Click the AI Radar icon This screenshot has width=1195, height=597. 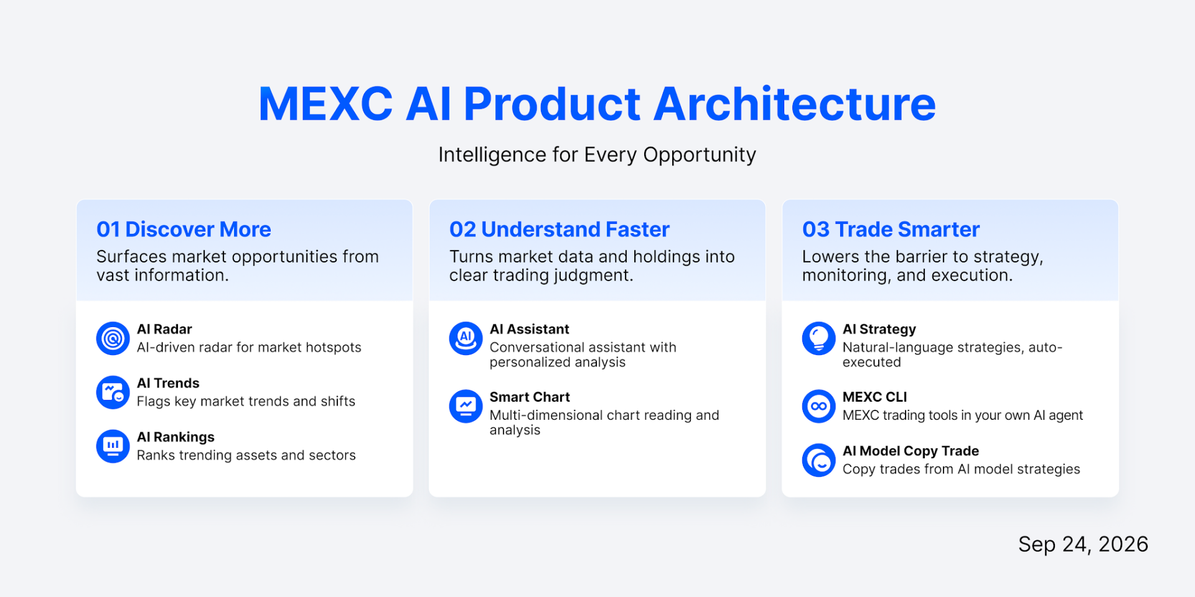tap(113, 338)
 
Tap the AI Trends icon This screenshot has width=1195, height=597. tap(113, 392)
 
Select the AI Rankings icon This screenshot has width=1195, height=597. tap(113, 447)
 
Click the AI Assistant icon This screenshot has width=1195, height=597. tap(466, 338)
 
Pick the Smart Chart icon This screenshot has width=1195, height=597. tap(466, 406)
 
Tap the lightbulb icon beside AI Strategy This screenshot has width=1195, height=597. tap(818, 338)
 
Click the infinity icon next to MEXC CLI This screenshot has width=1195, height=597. tap(818, 406)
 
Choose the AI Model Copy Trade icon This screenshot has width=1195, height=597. tap(818, 460)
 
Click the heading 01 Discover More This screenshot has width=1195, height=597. tap(184, 229)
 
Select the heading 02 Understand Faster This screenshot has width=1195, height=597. tap(559, 229)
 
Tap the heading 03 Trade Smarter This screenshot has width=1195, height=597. tap(891, 229)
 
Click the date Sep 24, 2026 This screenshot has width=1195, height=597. tap(1083, 545)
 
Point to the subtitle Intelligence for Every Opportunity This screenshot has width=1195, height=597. tap(597, 155)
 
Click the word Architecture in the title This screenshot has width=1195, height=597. tap(795, 104)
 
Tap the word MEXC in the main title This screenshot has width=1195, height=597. tap(326, 104)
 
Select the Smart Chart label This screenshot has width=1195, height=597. tap(530, 397)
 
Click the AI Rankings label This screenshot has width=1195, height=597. tap(176, 437)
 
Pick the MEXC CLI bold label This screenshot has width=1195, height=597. tap(874, 397)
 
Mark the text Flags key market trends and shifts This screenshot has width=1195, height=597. tap(246, 402)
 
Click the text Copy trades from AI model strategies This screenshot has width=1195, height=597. tap(961, 470)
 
